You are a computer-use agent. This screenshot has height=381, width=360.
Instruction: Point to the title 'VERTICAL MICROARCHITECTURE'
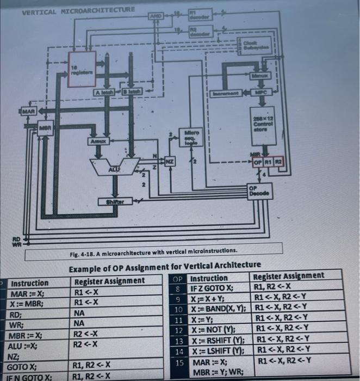(78, 9)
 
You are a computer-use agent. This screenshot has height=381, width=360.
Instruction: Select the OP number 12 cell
(177, 331)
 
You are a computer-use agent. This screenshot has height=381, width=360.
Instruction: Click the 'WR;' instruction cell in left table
(22, 325)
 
